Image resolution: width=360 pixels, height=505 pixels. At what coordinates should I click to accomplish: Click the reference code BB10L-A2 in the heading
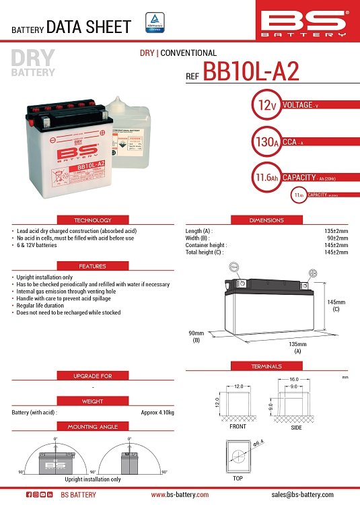pos(250,73)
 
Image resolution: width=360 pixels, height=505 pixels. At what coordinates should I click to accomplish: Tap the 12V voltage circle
pos(263,105)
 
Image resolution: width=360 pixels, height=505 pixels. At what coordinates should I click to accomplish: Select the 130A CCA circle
pos(263,141)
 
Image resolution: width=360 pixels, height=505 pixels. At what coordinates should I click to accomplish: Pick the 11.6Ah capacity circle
pos(263,177)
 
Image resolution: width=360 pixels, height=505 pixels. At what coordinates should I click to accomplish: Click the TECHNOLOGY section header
pos(92,220)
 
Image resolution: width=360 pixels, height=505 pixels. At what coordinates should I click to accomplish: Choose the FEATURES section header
pos(92,266)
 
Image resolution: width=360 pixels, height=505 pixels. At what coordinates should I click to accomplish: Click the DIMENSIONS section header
pos(267,220)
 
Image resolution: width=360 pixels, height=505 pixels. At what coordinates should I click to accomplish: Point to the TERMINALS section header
pos(267,366)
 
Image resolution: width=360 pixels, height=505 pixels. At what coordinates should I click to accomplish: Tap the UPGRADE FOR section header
pos(92,375)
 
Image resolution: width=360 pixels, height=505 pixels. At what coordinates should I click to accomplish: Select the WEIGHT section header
pos(92,401)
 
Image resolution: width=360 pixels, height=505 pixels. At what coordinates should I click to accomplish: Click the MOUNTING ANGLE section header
pos(92,427)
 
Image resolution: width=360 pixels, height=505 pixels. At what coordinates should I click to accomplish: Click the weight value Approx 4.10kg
pos(157,412)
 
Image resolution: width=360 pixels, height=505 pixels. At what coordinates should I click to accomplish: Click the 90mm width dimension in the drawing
pos(196,336)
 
